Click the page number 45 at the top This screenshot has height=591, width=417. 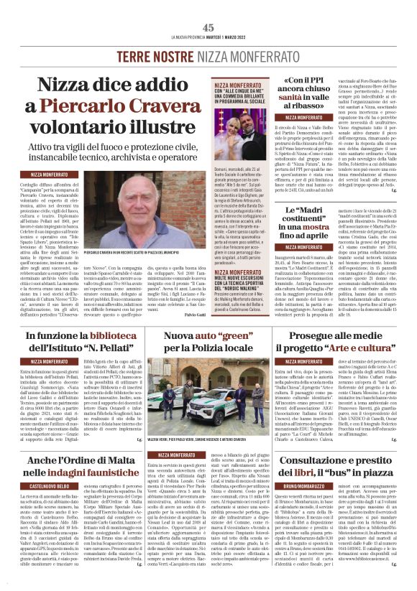point(208,27)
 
